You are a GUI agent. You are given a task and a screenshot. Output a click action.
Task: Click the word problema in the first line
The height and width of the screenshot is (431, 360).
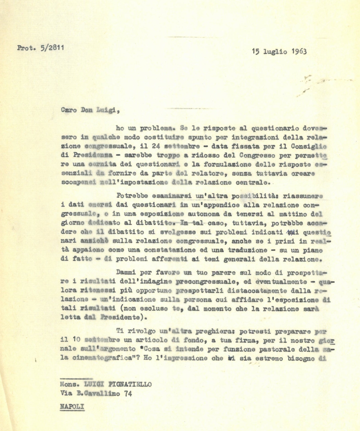click(154, 129)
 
